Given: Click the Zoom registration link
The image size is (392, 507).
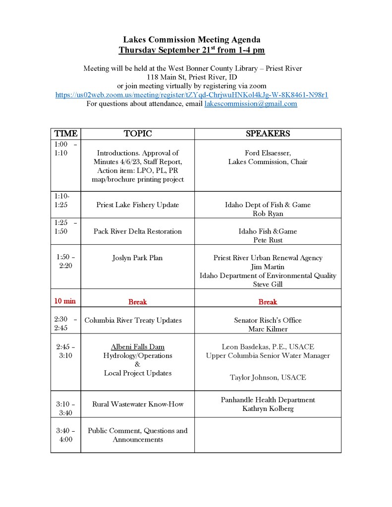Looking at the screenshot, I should coord(192,95).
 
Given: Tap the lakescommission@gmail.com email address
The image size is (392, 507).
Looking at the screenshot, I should coord(251,104).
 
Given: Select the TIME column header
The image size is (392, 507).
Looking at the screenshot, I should coord(65,134).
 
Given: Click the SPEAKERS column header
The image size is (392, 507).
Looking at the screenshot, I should coord(268,134).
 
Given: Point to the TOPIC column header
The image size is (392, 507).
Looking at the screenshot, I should coord(137,134).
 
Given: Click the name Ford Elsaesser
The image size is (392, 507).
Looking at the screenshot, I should coord(268,153).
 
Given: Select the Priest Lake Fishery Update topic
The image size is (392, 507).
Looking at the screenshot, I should coord(137,205).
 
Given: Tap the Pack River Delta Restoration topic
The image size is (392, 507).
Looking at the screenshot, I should coord(137,231).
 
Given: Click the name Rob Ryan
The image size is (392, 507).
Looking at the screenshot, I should coord(268,214).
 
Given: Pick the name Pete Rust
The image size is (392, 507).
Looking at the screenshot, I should coord(268,240).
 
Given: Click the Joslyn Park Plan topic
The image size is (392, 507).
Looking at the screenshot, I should coord(137,258).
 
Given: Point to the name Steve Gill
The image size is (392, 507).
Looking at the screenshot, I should coord(268,284).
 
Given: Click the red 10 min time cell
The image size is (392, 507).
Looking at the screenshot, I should coord(65,301).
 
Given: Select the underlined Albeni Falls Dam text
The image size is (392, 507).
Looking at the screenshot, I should coord(137,347).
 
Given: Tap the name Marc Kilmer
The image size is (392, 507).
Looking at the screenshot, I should coord(268,329).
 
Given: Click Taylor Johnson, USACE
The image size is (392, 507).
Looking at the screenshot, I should coord(268,378).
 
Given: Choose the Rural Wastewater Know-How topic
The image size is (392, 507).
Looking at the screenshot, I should coord(137,404).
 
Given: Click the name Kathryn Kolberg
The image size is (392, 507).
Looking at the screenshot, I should coord(268,409).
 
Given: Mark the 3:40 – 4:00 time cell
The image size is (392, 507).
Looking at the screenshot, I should coord(65,435).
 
